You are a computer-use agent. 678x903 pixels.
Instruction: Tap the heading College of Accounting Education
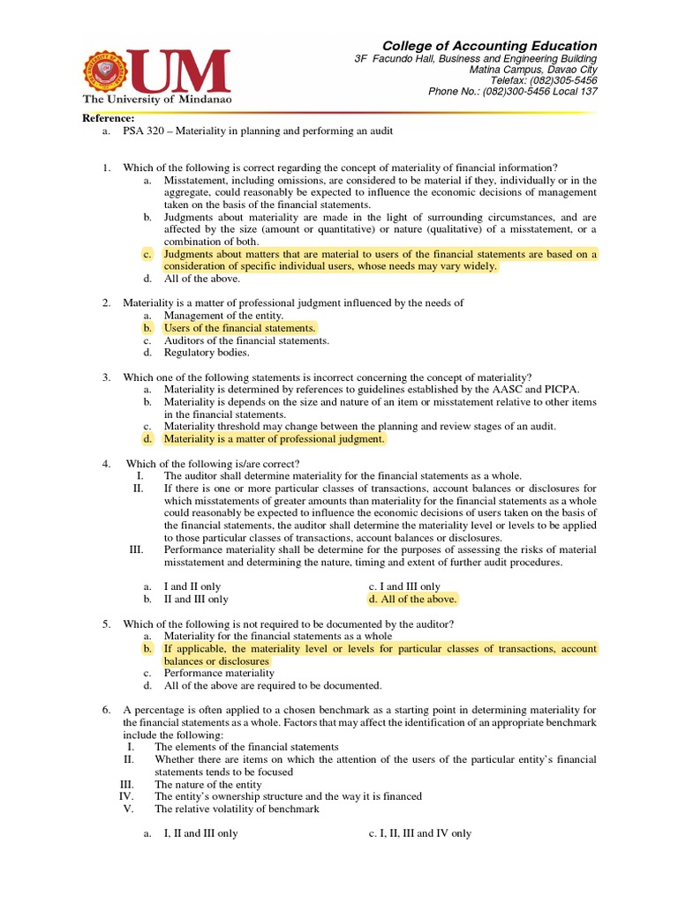click(x=489, y=46)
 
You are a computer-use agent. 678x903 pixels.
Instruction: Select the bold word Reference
click(x=109, y=118)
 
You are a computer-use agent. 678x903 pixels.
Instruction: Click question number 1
click(x=105, y=168)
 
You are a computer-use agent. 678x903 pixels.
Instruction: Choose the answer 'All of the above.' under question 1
click(x=201, y=279)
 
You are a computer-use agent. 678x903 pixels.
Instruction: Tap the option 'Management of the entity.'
click(x=223, y=316)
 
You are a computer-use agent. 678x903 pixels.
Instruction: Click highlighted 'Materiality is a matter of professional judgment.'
click(x=275, y=438)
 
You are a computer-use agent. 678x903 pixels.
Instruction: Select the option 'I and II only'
click(x=192, y=586)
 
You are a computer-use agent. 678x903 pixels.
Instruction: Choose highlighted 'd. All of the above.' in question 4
click(x=413, y=599)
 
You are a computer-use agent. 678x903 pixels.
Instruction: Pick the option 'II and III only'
click(x=196, y=599)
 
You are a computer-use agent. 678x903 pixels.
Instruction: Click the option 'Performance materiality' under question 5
click(x=219, y=673)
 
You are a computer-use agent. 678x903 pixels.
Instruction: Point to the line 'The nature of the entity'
click(x=207, y=784)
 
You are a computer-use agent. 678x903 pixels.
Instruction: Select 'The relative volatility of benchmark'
click(x=237, y=809)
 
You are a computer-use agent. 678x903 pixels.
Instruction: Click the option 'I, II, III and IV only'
click(x=420, y=833)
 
